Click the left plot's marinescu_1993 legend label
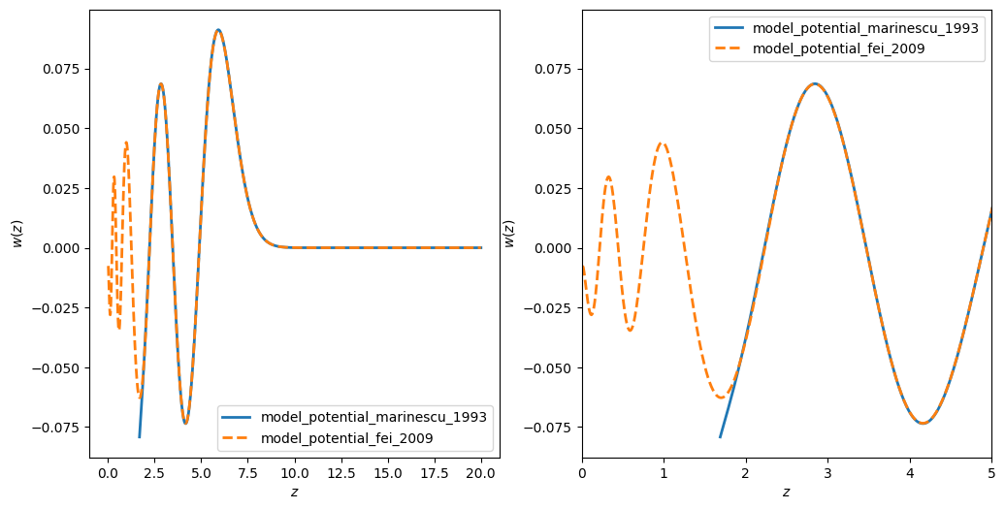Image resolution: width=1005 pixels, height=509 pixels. (373, 417)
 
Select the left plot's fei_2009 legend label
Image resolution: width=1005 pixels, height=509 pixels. (347, 438)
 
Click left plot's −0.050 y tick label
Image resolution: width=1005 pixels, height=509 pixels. (59, 367)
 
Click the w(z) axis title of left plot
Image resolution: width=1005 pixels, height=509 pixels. (16, 234)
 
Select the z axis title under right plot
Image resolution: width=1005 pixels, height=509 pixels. (786, 493)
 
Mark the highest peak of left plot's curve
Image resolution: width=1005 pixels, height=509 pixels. (218, 30)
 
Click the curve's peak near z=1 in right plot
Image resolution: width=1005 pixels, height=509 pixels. (663, 143)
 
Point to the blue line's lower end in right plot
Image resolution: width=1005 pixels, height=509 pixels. (721, 437)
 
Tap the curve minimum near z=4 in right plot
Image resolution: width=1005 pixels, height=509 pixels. (923, 424)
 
